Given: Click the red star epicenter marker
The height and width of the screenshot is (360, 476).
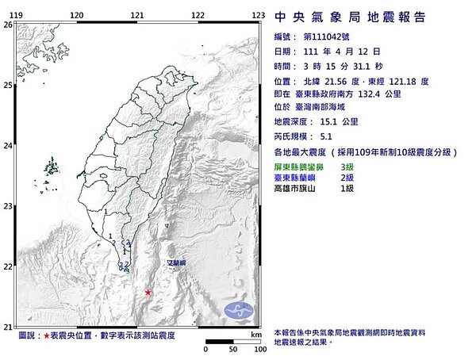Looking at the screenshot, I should click(148, 293).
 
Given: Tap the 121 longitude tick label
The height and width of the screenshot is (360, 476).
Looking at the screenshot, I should click(137, 15).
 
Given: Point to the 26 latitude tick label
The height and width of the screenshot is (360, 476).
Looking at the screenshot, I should click(7, 25).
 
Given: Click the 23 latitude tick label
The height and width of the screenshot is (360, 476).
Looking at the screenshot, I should click(7, 206).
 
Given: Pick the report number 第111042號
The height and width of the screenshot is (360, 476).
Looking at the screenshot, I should click(327, 36).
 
